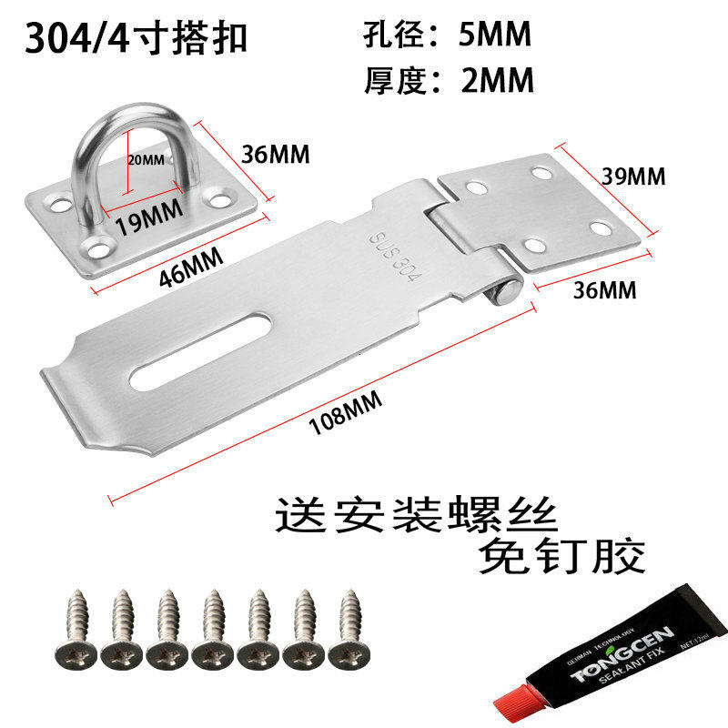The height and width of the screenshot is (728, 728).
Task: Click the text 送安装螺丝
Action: (x=415, y=516)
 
